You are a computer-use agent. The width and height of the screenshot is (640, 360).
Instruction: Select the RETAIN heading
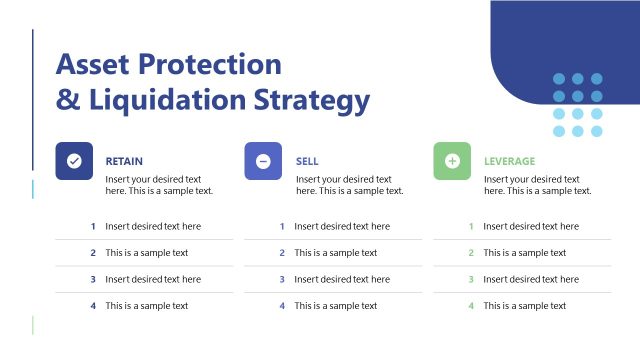124,161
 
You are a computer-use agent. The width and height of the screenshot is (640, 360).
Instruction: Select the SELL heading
307,161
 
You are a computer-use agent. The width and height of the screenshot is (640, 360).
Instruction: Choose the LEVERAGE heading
509,161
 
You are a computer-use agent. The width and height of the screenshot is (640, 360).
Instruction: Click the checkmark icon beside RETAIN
74,161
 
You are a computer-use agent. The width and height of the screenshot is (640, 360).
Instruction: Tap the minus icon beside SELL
263,161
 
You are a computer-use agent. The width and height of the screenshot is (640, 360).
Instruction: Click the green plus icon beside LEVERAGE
452,161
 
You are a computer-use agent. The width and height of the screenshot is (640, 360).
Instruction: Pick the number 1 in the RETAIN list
93,227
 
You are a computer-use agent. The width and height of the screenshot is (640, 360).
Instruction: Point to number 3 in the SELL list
282,279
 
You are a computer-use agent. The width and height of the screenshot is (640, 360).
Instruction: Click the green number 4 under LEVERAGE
471,306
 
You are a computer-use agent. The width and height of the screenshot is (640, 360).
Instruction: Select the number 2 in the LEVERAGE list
471,253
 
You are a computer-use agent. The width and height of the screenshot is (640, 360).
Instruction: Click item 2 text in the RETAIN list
146,253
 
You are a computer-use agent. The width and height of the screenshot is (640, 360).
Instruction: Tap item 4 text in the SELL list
335,306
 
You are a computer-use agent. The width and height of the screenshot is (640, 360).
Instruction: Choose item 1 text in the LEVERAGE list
531,227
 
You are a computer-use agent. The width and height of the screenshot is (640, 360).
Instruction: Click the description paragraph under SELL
350,185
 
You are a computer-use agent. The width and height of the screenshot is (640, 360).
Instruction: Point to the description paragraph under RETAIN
160,185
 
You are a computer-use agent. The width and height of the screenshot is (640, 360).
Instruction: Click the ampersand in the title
66,100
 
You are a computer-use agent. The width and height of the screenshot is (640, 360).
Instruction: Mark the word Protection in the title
215,64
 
